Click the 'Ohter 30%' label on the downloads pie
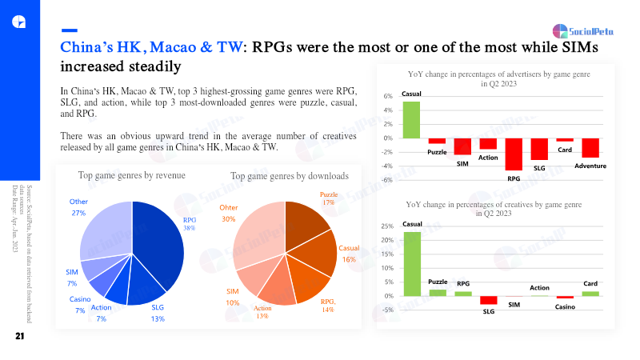[228, 213]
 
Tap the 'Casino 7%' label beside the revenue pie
[80, 304]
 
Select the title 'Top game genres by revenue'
[131, 175]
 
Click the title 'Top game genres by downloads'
[290, 175]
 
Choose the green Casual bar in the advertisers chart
[411, 119]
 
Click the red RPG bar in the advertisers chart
[514, 154]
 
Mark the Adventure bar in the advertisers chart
[590, 147]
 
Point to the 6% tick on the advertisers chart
[387, 96]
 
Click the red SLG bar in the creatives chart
[488, 300]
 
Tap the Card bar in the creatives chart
[590, 293]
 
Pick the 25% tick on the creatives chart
[386, 226]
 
